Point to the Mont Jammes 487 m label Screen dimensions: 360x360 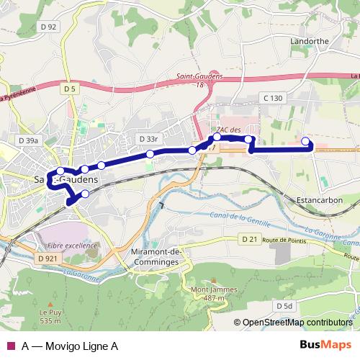coord(204,293)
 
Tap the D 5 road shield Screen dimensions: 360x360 coord(70,88)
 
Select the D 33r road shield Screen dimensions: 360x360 coord(148,138)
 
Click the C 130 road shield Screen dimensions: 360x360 coord(274,97)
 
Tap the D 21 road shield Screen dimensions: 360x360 coord(249,238)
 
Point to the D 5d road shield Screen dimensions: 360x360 coord(284,306)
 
